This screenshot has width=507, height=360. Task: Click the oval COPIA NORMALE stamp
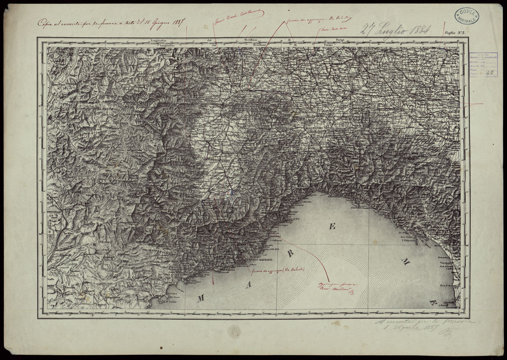pos(467,15)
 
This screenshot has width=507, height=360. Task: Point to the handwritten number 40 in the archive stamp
pos(488,73)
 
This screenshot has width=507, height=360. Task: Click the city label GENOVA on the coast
pos(336,196)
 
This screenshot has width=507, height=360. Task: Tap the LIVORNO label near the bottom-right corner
pos(448,302)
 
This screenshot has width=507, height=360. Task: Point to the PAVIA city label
pos(356,90)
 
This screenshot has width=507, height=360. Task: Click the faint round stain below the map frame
pos(234,332)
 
